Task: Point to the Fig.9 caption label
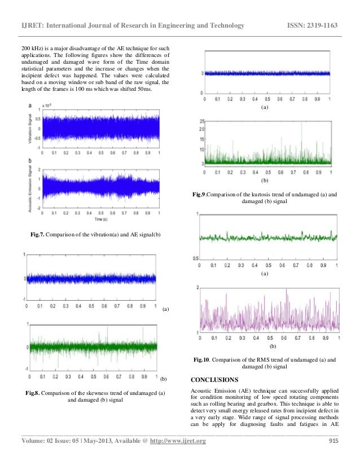coord(199,195)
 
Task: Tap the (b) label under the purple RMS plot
coord(273,345)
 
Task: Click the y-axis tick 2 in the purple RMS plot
coord(197,288)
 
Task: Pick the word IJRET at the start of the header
coord(31,25)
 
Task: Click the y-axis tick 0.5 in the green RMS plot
coord(196,258)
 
